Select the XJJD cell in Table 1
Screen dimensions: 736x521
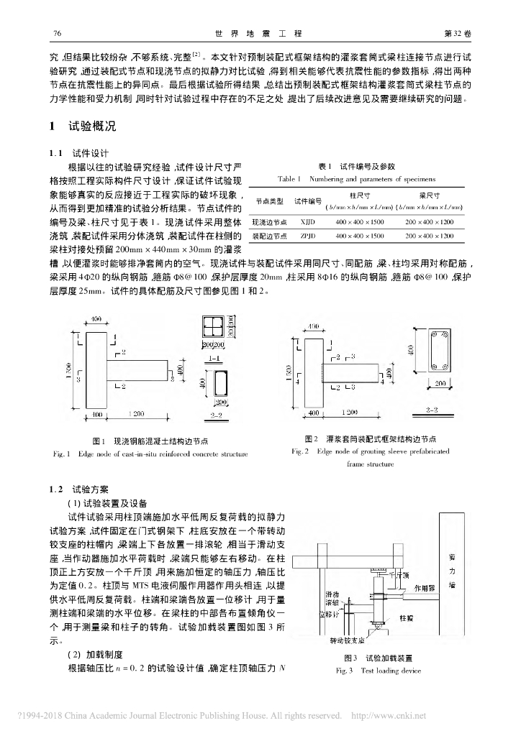tap(309, 223)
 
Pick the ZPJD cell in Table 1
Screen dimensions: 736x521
tap(309, 235)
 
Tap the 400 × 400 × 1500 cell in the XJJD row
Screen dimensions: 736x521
tap(360, 223)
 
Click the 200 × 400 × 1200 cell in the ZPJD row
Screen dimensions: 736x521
tap(430, 235)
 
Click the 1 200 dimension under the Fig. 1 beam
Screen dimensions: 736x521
tap(136, 414)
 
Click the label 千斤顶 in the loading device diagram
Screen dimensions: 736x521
tap(398, 574)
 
